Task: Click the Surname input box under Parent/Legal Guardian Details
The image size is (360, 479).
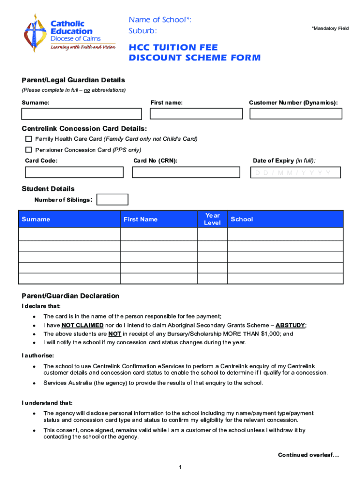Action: pos(81,114)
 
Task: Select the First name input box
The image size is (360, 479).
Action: pos(196,114)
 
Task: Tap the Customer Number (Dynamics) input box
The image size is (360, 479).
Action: pos(295,114)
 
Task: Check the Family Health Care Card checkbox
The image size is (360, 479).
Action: pos(29,139)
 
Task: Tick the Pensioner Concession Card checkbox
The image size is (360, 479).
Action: pos(29,150)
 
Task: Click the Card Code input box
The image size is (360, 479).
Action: pos(74,173)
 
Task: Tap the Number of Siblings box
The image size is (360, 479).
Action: pos(112,200)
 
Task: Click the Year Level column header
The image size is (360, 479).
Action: pos(212,219)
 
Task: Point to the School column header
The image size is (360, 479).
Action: pos(242,219)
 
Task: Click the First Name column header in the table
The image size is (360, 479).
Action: pos(140,219)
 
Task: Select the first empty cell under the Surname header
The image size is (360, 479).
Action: pos(69,234)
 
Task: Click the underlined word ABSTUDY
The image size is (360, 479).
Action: pos(290,325)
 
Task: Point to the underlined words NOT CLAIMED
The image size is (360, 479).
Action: pos(82,325)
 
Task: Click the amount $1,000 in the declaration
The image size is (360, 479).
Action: pos(268,334)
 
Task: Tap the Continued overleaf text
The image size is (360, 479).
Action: pos(309,455)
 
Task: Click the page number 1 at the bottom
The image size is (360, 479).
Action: pos(180,468)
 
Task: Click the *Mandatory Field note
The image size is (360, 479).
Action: pos(330,29)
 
